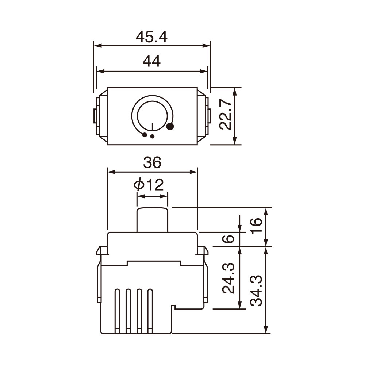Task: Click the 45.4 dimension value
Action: [x=151, y=37]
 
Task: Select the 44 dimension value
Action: [x=151, y=61]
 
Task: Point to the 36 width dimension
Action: [x=152, y=163]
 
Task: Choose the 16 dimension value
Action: [x=257, y=226]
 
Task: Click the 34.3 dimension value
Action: [x=257, y=291]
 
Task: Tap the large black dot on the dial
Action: [x=170, y=127]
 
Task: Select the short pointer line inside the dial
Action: [x=152, y=126]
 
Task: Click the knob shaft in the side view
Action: [x=152, y=220]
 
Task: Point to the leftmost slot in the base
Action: [x=118, y=310]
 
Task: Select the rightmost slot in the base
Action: [x=150, y=310]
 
